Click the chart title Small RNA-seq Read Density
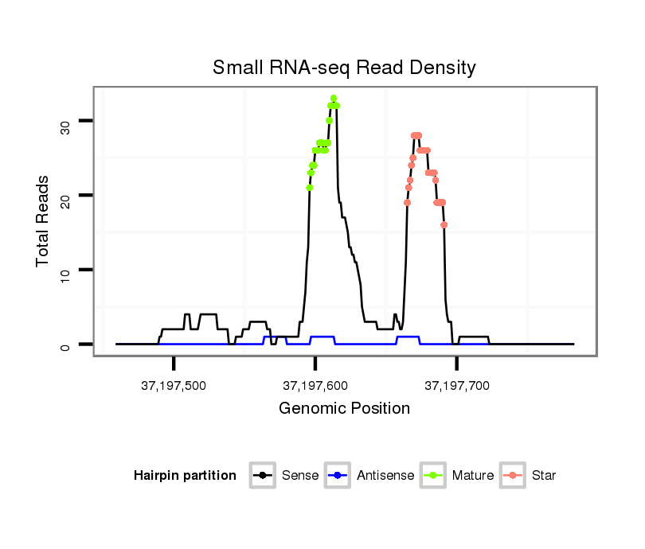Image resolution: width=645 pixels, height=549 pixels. click(344, 68)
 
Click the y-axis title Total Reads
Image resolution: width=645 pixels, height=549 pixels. click(43, 221)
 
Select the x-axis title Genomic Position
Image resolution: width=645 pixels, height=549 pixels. click(344, 409)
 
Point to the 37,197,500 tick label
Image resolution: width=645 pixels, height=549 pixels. click(174, 386)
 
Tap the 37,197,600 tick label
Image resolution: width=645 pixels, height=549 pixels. click(315, 386)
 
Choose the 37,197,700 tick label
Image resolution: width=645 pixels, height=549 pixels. click(457, 386)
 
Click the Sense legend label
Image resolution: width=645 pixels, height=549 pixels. click(300, 476)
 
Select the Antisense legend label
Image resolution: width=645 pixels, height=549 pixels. click(385, 476)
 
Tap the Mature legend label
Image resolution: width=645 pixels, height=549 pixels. click(473, 476)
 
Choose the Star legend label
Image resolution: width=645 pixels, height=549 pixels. click(544, 476)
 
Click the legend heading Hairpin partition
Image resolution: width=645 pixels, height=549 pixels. click(186, 476)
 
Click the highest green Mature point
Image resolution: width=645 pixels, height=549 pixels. click(333, 98)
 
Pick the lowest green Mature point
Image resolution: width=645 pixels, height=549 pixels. click(309, 188)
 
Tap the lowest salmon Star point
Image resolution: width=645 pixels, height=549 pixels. click(444, 225)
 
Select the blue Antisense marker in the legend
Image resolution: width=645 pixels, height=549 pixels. click(338, 476)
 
